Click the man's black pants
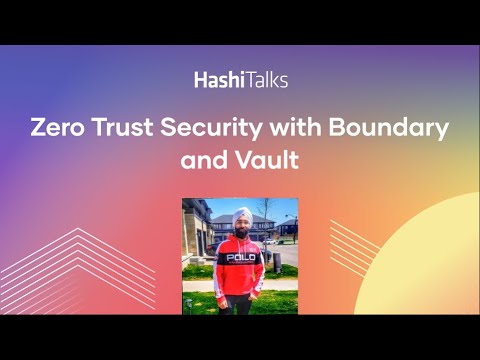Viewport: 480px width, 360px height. pos(241,303)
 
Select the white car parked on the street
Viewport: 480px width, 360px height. pos(269,241)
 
